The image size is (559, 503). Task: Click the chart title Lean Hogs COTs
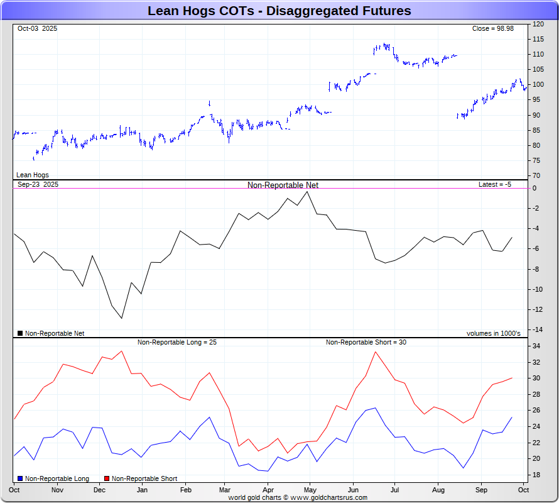[279, 11]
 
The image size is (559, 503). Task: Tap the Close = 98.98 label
[493, 28]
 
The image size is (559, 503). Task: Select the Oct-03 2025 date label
[37, 28]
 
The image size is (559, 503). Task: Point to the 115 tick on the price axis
[538, 39]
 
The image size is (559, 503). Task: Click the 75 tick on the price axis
[536, 160]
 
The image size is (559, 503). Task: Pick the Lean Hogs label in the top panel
[33, 175]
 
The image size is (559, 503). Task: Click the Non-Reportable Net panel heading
[283, 185]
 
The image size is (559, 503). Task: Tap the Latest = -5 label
[496, 184]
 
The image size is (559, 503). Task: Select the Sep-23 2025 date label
[38, 184]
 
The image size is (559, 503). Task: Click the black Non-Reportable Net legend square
[20, 333]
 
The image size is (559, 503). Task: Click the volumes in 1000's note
[493, 333]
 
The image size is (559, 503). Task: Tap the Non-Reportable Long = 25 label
[177, 342]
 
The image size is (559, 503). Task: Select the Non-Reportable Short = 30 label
[366, 342]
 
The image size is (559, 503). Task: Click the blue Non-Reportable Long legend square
[20, 479]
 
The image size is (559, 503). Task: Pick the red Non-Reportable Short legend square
[107, 479]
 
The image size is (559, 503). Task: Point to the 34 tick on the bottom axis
[537, 346]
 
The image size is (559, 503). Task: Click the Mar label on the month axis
[225, 489]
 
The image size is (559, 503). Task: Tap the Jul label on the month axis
[396, 489]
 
